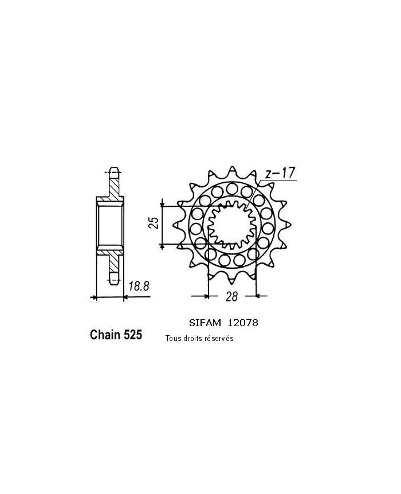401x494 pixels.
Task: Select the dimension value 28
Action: [x=232, y=296]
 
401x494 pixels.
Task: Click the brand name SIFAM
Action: [x=205, y=323]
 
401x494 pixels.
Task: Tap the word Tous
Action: [x=172, y=338]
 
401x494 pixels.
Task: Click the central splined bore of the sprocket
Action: [x=231, y=224]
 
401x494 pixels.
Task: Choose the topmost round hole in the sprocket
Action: [x=231, y=187]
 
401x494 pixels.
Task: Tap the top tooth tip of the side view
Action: [x=113, y=170]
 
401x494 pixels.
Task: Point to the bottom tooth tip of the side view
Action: [x=113, y=281]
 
